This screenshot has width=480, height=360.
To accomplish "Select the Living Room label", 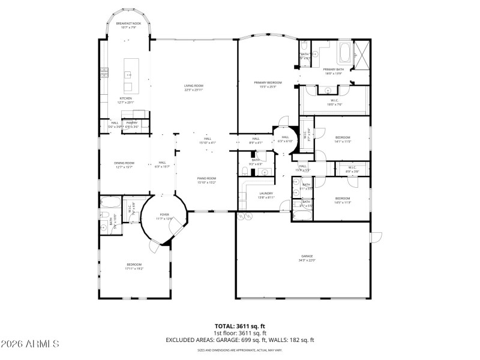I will pyautogui.click(x=194, y=86).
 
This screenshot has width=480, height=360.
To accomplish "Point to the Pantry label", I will pyautogui.click(x=132, y=123).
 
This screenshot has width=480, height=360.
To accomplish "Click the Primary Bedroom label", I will pyautogui.click(x=268, y=83).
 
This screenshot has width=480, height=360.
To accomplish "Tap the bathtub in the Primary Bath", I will pyautogui.click(x=346, y=53).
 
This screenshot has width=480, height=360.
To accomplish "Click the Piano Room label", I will pyautogui.click(x=207, y=179).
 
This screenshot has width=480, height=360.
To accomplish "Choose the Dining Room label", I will pyautogui.click(x=124, y=164).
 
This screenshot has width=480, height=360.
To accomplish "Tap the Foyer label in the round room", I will pyautogui.click(x=164, y=215).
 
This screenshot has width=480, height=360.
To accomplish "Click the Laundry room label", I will pyautogui.click(x=266, y=194).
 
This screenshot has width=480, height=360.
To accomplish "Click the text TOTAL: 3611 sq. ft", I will pyautogui.click(x=240, y=326).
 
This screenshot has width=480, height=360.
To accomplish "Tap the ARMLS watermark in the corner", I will pyautogui.click(x=30, y=344).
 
